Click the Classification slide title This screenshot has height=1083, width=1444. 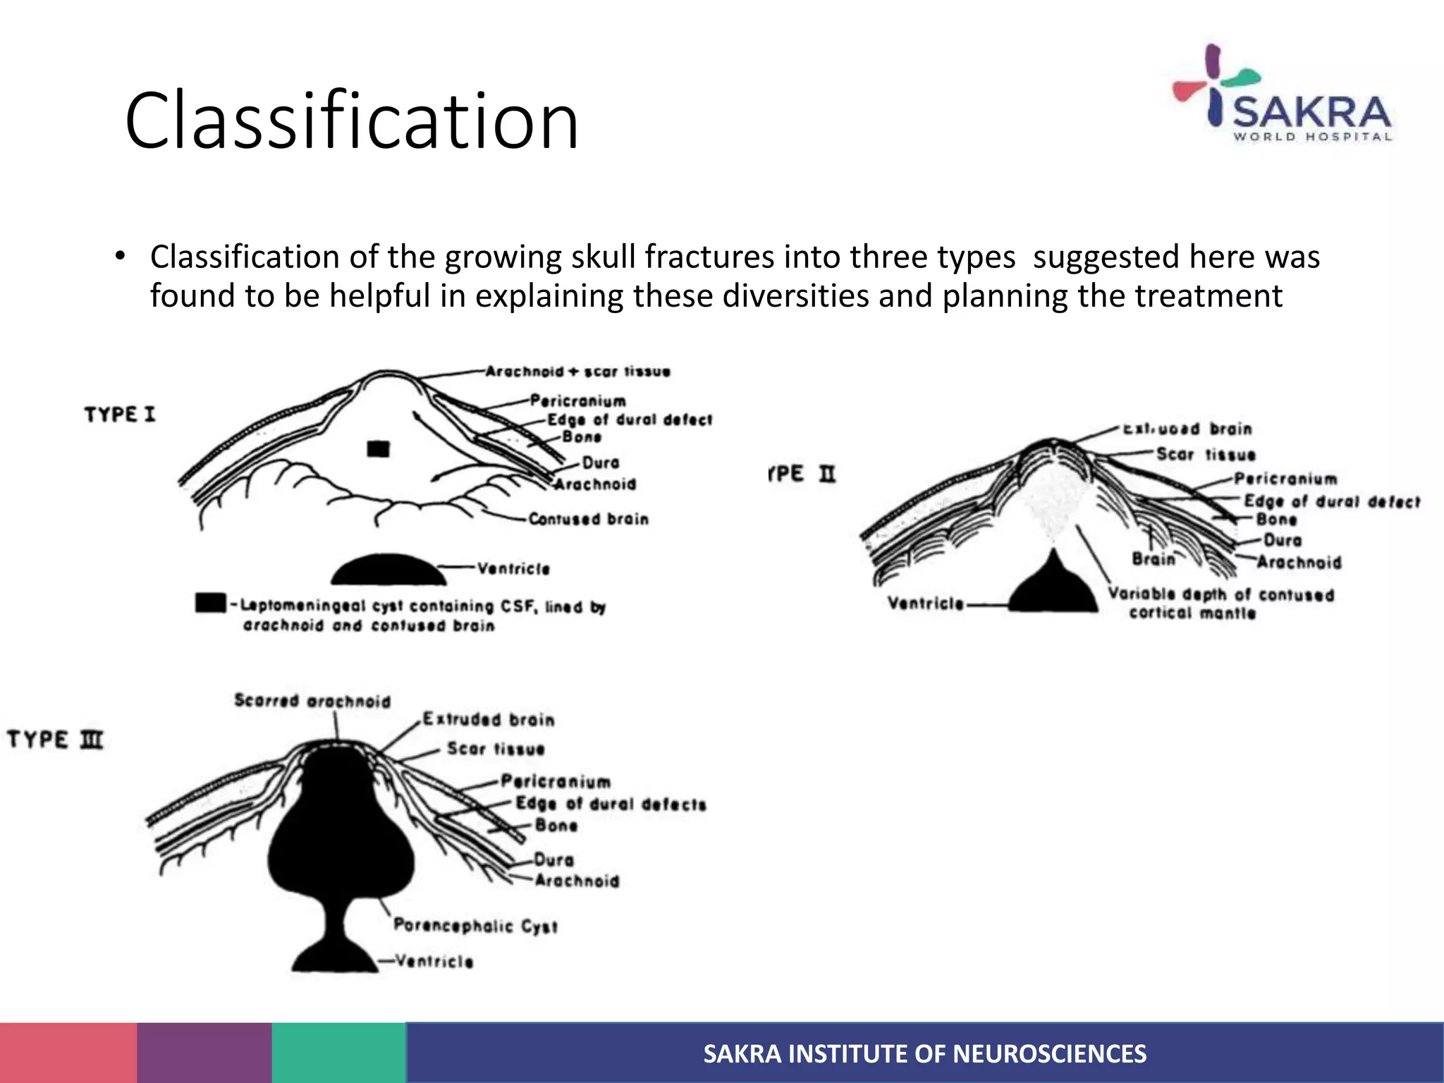click(x=351, y=121)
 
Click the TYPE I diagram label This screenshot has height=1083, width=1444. click(x=119, y=414)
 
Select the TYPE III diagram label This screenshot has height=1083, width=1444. click(x=55, y=740)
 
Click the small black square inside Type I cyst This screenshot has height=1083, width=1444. click(x=379, y=449)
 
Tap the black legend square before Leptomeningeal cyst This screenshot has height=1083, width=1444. click(x=210, y=604)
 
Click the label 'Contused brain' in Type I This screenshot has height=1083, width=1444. click(x=588, y=520)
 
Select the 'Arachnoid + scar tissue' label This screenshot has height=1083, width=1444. click(x=577, y=372)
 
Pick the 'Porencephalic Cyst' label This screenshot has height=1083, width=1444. click(x=475, y=926)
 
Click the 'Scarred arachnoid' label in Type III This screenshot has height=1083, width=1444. click(x=312, y=701)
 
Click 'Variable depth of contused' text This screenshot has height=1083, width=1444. click(x=1221, y=594)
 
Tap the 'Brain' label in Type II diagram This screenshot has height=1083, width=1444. click(x=1154, y=559)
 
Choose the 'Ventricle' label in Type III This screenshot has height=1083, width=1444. click(x=434, y=961)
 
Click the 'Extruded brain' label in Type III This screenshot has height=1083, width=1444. click(x=489, y=719)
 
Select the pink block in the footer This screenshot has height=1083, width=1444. click(x=68, y=1053)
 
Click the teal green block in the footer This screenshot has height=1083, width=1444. click(x=338, y=1053)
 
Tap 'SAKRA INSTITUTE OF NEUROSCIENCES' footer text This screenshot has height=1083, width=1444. click(x=924, y=1053)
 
